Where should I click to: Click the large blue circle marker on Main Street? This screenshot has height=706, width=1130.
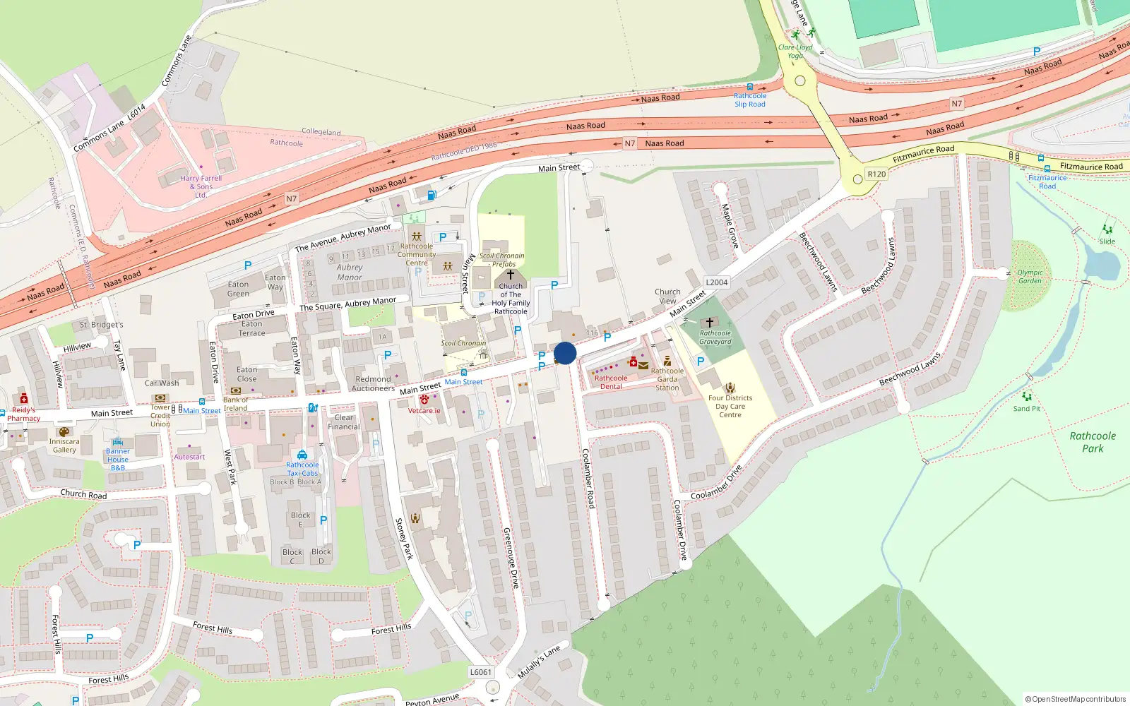[565, 353]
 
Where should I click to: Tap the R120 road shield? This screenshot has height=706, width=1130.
[876, 174]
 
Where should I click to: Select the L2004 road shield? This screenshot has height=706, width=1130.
[717, 282]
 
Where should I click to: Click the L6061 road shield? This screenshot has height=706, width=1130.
[480, 672]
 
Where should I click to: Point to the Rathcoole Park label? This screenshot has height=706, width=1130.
[1093, 442]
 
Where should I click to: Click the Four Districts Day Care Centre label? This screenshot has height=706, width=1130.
[730, 406]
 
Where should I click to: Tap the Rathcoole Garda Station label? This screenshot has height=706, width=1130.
[667, 379]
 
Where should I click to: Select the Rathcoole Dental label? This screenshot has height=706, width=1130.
[611, 382]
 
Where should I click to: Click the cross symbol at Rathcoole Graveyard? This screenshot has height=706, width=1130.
[710, 323]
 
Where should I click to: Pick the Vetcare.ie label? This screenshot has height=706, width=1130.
[424, 410]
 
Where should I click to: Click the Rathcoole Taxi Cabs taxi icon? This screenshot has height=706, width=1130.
[302, 455]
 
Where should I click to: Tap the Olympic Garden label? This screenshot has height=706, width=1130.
[1030, 277]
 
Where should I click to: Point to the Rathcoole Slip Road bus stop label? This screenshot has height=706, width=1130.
[750, 100]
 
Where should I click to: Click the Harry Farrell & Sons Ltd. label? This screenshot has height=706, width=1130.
[201, 186]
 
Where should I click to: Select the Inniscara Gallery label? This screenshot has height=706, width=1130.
[64, 445]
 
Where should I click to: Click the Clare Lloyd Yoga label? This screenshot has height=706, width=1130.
[796, 52]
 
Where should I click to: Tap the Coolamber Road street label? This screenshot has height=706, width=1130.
[588, 478]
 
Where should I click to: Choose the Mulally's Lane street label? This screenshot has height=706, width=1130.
[539, 662]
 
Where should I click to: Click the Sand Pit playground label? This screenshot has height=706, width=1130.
[1026, 409]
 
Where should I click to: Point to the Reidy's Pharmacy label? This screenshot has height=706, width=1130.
[23, 414]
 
